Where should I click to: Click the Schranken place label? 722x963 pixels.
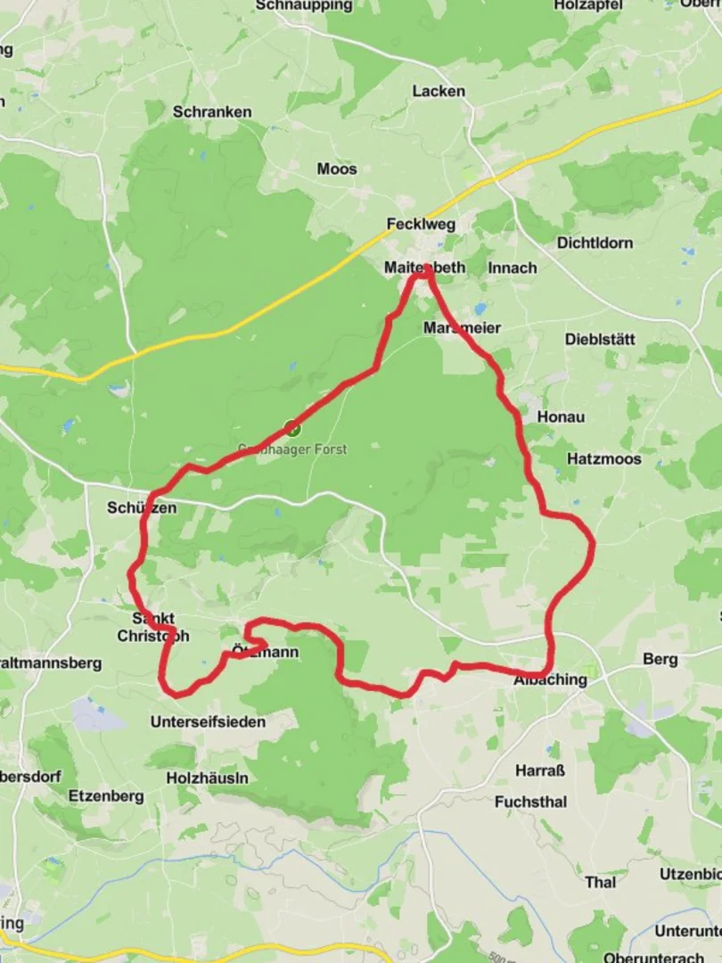212,112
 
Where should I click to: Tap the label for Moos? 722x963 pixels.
337,169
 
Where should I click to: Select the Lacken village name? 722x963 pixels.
439,91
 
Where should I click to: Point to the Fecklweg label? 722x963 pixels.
421,224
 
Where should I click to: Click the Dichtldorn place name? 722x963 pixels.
595,243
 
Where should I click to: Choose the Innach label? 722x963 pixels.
513,267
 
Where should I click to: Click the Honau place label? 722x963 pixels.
561,416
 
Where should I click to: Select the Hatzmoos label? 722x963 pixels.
603,459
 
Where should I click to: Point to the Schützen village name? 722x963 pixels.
142,507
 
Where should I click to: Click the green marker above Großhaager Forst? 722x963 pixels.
292,428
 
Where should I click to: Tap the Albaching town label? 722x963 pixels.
551,679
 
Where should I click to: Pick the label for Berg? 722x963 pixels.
660,660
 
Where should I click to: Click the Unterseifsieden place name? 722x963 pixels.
209,721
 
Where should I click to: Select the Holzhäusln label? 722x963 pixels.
208,778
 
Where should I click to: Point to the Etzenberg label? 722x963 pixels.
106,796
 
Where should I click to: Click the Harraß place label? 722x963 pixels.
540,770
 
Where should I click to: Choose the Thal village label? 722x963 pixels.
600,882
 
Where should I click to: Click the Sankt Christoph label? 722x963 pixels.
153,627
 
